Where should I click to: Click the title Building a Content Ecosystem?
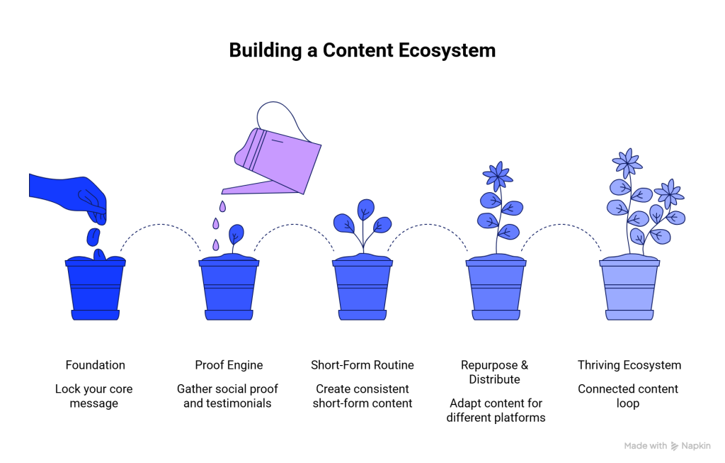point(362,51)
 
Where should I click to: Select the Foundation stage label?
point(95,365)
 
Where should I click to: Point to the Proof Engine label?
point(229,365)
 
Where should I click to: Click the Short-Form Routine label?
point(362,365)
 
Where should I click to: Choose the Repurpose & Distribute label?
point(495,372)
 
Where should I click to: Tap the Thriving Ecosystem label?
point(629,365)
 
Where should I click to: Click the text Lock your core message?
point(94,396)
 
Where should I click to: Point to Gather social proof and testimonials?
point(227,396)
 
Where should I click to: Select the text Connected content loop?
point(628,396)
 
